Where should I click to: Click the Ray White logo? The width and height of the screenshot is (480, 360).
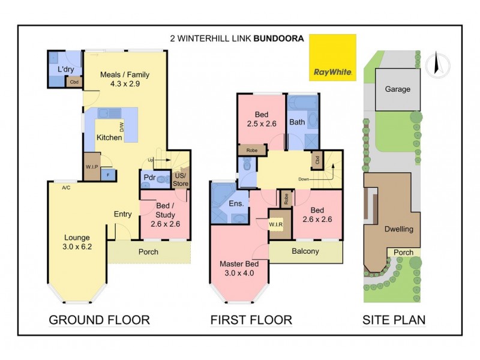(332, 58)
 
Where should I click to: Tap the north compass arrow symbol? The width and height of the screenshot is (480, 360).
(437, 63)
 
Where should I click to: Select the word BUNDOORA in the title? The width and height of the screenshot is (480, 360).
(279, 37)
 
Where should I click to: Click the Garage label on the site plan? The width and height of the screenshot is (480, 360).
(397, 89)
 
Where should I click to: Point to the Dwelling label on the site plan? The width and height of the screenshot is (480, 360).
(399, 229)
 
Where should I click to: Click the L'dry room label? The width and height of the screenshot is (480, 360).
(65, 70)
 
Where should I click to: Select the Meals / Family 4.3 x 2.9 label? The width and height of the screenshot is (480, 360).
(125, 79)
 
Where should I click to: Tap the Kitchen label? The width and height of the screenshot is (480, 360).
(109, 137)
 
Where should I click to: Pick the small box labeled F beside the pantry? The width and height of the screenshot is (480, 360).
(108, 175)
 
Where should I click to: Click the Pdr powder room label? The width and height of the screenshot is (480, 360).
(149, 178)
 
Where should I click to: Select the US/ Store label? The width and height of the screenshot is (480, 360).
(180, 179)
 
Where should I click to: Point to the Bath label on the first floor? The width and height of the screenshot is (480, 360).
(297, 122)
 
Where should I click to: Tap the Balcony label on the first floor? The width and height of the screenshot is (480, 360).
(306, 251)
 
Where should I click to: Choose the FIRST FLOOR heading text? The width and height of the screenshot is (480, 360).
(251, 320)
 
